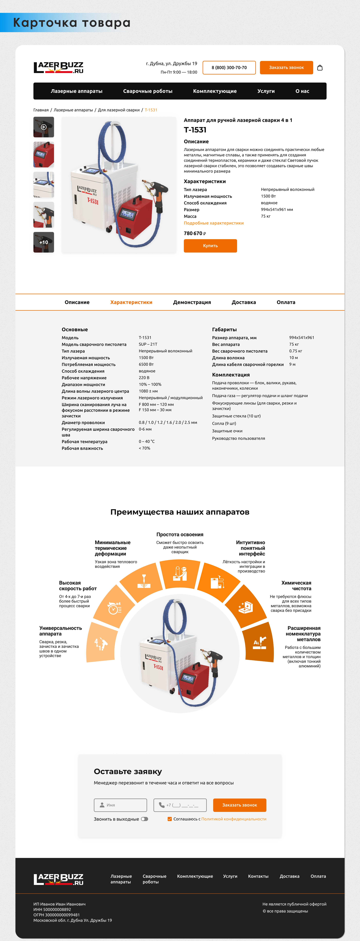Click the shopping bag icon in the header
point(320,68)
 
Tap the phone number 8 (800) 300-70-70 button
point(229,68)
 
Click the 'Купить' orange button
point(210,246)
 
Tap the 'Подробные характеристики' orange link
point(214,223)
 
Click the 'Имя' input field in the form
point(120,805)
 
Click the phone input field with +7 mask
point(180,805)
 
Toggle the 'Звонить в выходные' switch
point(145,819)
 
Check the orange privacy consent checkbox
point(169,819)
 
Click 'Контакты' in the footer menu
point(258,876)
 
